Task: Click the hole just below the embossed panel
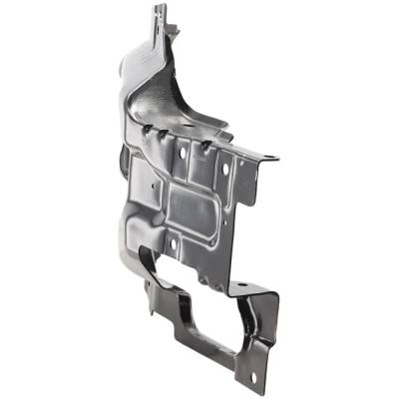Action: pos(175,242)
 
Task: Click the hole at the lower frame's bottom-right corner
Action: pos(252,376)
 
